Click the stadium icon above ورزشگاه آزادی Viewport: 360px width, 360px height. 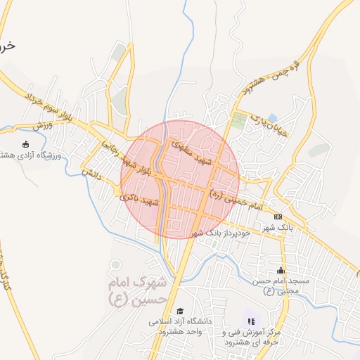coord(26,144)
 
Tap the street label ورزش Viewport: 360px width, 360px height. coord(43,126)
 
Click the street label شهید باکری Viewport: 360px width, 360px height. coord(141,199)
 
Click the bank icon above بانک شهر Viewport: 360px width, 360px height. coord(277,217)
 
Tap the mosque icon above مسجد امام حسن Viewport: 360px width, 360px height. coord(281,270)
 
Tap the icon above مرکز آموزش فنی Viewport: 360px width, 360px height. coord(251,321)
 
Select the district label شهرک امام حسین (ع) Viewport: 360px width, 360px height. coord(138,290)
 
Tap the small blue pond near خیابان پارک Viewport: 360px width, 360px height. coord(272,117)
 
